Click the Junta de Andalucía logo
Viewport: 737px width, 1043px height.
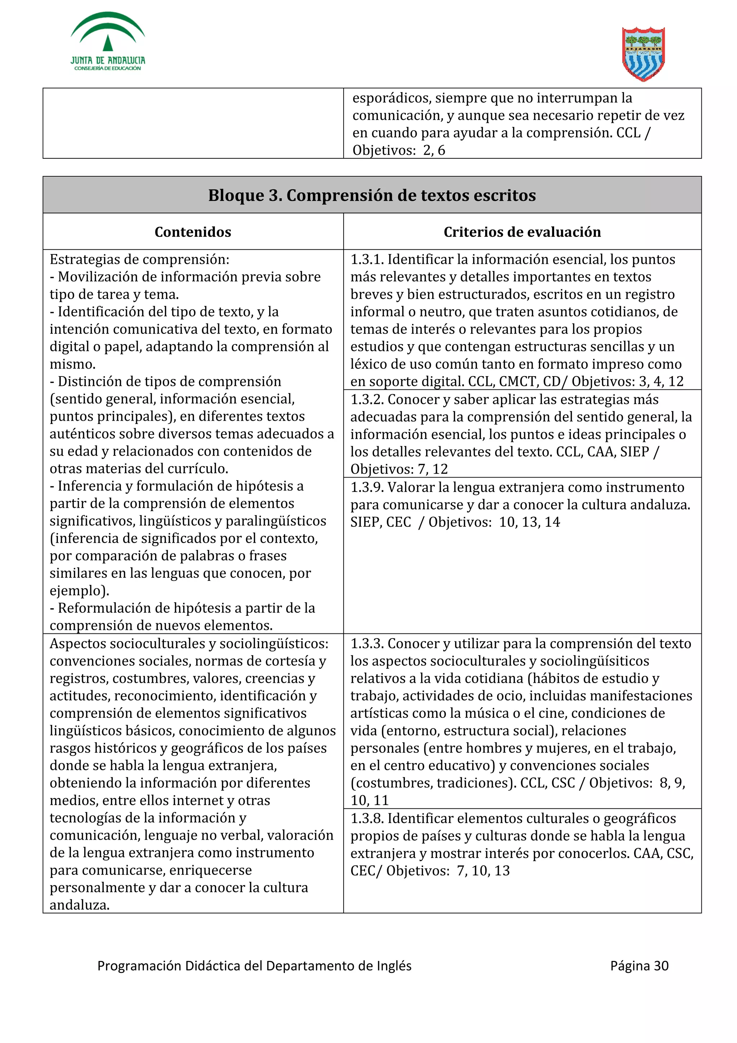108,42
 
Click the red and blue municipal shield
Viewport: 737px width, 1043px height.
643,54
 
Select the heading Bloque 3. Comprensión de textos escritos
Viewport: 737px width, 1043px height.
372,195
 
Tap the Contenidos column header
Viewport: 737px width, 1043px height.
193,232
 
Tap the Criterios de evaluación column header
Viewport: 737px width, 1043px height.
522,232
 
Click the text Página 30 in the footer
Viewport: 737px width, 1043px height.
639,966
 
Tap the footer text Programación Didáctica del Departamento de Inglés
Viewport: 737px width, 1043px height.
254,966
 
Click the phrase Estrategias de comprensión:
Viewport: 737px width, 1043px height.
139,259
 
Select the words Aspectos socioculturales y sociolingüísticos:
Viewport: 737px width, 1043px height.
189,644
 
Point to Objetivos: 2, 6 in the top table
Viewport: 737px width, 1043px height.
399,150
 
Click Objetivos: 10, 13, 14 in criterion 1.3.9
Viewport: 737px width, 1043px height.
494,523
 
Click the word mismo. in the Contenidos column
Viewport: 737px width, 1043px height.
73,364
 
